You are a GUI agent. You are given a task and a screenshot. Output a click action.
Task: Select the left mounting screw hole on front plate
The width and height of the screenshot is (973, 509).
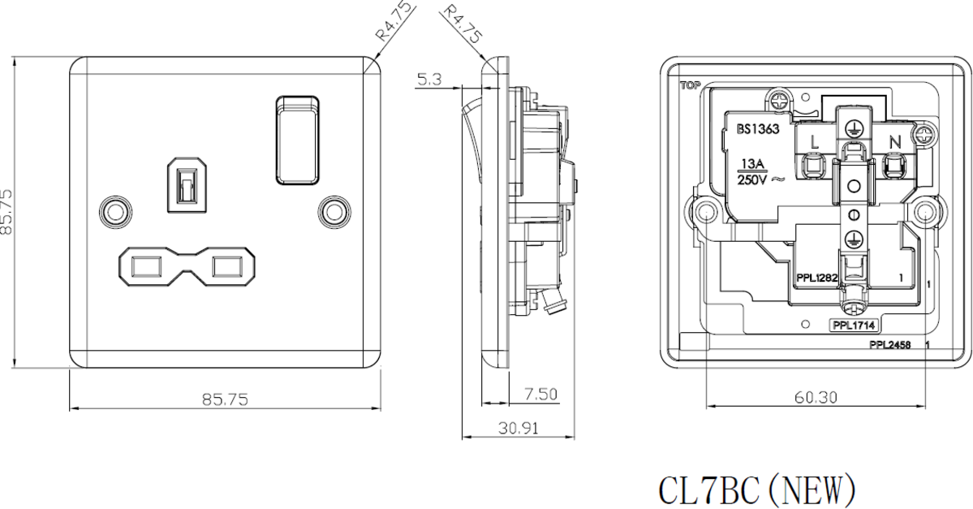tap(114, 211)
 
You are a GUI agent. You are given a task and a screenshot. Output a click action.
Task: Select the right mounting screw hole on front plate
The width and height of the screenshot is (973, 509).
tap(334, 211)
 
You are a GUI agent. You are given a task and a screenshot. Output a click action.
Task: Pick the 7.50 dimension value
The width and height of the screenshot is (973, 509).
tap(540, 394)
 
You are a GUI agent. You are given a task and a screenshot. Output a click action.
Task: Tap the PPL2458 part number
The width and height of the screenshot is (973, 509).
tap(889, 345)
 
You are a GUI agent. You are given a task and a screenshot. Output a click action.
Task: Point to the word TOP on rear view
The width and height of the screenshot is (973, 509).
tap(688, 84)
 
